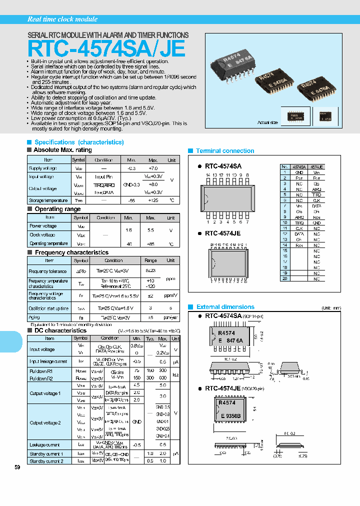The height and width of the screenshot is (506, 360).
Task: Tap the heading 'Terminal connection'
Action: point(225,150)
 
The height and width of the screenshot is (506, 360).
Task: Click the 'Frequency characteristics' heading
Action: point(71,252)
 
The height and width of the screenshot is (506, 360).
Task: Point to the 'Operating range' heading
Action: point(57,209)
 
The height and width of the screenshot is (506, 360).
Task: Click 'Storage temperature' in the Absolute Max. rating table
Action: point(43,200)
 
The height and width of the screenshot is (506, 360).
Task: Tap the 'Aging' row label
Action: point(34,317)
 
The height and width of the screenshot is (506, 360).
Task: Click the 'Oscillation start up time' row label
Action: point(48,308)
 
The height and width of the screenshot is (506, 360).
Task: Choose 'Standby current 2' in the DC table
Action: point(46,461)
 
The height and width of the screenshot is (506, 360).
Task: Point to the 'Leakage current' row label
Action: point(45,444)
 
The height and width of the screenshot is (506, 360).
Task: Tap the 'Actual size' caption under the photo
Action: point(267,122)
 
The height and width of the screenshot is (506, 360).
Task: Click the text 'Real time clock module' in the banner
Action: point(62,19)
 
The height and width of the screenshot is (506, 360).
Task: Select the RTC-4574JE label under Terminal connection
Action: point(223,233)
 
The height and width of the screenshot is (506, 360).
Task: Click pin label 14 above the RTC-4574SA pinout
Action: point(207,175)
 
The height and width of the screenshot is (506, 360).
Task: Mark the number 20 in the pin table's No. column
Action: point(285,278)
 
